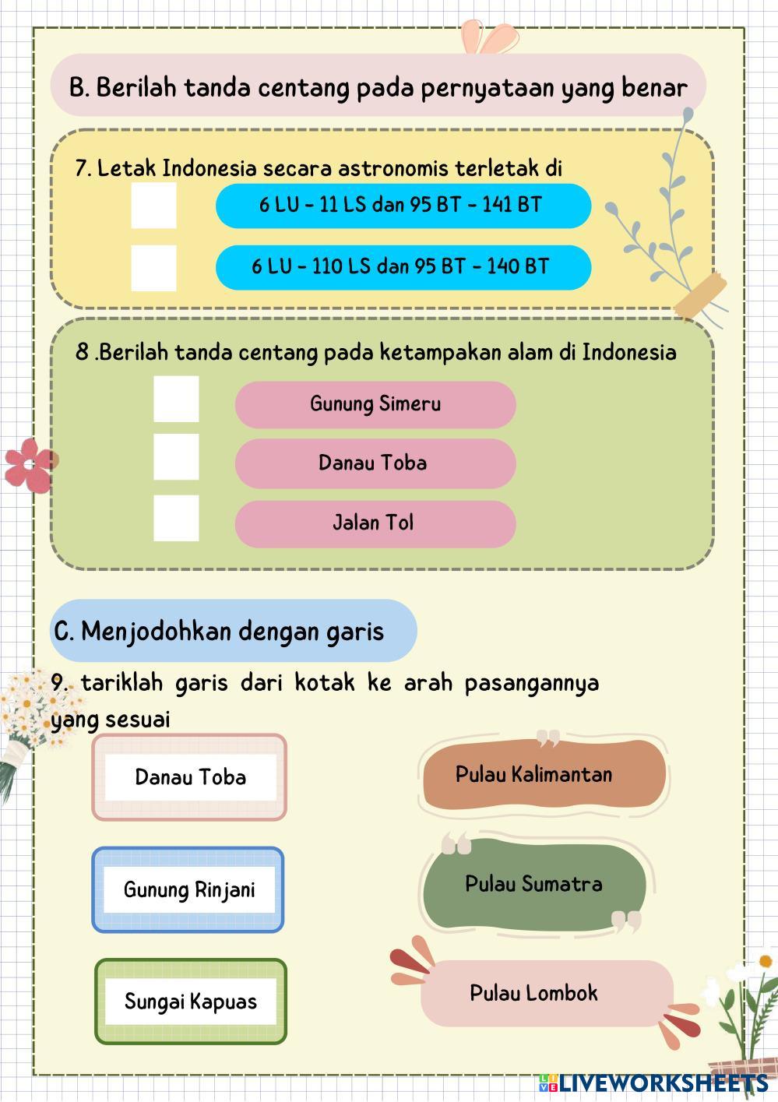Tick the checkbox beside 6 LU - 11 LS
[153, 206]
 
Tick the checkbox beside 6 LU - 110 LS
[153, 267]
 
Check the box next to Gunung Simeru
[176, 399]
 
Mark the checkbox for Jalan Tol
[176, 518]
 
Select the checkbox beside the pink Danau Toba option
[176, 457]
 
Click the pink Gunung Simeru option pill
[375, 404]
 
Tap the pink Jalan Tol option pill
[375, 523]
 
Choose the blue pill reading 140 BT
[403, 267]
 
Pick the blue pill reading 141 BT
[403, 206]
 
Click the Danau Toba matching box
[190, 777]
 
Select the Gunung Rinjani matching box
[188, 889]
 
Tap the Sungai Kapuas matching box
[191, 1002]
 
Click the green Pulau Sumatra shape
[534, 884]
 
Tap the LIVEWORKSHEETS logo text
[663, 1083]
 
